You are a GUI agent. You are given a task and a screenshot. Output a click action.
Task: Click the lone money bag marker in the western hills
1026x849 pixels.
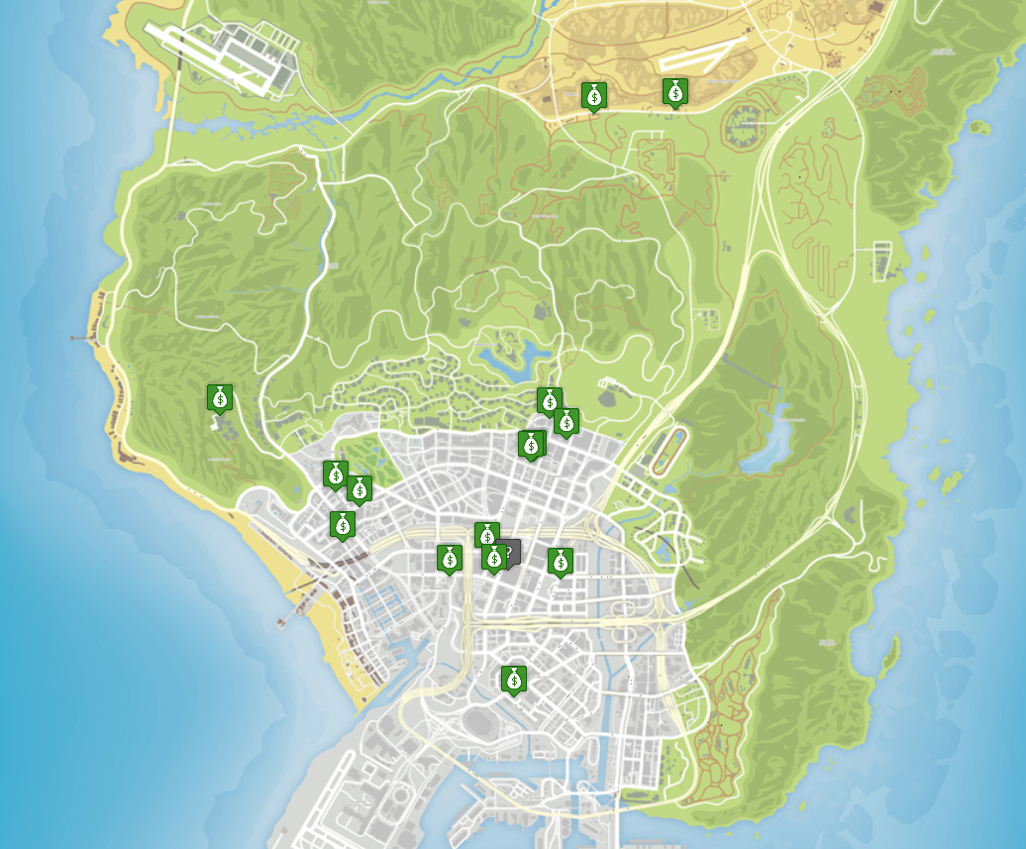(x=220, y=398)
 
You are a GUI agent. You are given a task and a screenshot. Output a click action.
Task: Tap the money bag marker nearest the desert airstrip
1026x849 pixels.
(x=674, y=92)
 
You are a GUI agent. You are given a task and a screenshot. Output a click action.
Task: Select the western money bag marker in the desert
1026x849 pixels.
(x=593, y=96)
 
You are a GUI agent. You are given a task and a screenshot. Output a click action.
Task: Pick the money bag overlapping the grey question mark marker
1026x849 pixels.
(x=494, y=559)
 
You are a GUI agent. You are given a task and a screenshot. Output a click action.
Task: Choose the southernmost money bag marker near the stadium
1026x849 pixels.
(x=512, y=680)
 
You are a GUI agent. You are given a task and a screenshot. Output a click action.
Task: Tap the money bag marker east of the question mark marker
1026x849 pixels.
(x=561, y=563)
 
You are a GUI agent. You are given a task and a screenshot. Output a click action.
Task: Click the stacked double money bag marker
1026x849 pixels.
(x=531, y=445)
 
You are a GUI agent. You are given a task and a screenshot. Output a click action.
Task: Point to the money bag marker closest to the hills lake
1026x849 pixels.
(x=549, y=401)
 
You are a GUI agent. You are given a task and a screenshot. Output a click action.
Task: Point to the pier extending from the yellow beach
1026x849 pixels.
(x=292, y=614)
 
